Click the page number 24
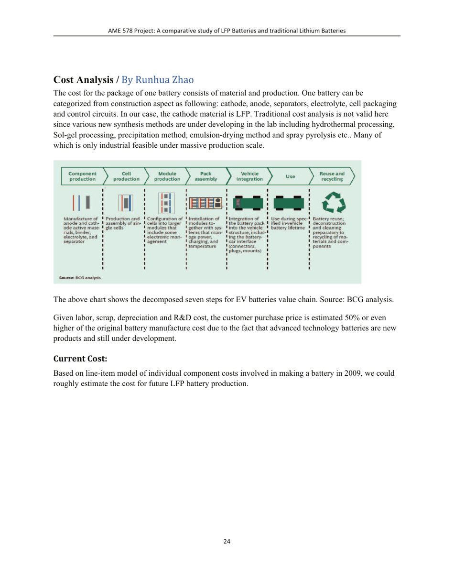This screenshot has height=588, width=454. [x=227, y=542]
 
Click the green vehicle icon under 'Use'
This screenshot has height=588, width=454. [x=289, y=204]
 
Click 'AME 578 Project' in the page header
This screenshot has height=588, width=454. [x=132, y=31]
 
